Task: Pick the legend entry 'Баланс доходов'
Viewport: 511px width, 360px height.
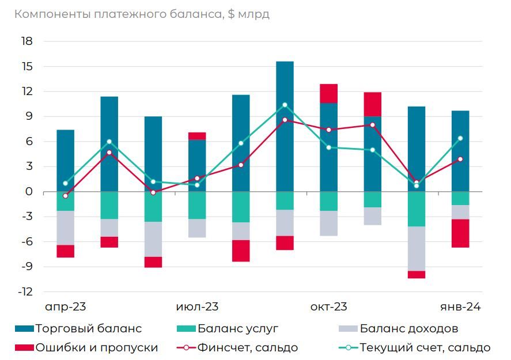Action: pos(409,329)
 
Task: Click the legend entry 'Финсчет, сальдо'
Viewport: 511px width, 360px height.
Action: pos(248,347)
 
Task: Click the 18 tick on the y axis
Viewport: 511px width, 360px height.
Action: pos(27,41)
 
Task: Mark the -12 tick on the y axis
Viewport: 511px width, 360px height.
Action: pos(24,292)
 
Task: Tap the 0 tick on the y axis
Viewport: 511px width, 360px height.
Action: pos(29,192)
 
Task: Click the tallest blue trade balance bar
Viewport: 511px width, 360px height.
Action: pos(285,127)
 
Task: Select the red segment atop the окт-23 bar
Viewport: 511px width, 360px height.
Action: pos(328,93)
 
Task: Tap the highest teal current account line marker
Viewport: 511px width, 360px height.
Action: pos(285,105)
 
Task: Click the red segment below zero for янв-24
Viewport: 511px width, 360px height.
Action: pos(460,233)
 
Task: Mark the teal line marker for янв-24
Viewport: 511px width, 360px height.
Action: pos(460,138)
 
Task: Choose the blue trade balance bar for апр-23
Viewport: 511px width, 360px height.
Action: pos(66,161)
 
